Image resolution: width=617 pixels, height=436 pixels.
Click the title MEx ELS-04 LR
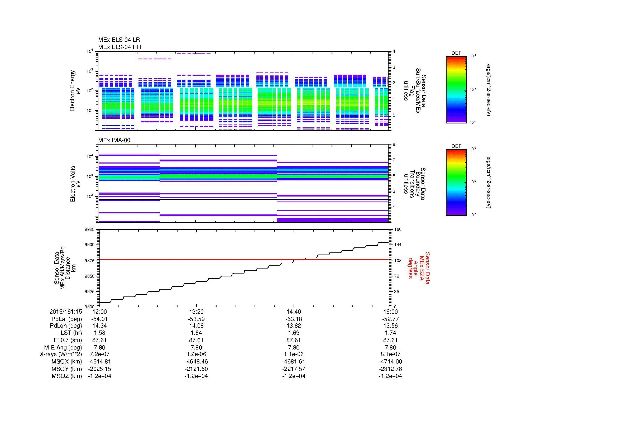(x=119, y=40)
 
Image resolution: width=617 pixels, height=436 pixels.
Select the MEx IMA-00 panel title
(x=114, y=140)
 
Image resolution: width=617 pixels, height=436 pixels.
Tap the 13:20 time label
(x=196, y=312)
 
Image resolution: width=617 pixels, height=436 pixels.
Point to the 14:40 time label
(x=293, y=312)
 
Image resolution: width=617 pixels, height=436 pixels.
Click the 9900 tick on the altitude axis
(x=90, y=245)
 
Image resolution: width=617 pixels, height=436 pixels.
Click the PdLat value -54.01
(x=99, y=319)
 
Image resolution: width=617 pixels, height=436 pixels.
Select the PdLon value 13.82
(x=293, y=326)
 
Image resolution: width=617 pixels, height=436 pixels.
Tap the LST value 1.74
(x=390, y=333)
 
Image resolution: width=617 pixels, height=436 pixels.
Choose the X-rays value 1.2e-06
(x=196, y=354)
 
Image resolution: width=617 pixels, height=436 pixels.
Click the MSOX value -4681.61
(x=293, y=362)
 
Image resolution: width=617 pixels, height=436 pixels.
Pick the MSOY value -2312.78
(x=390, y=369)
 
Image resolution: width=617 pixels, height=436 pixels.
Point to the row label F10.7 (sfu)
(x=68, y=340)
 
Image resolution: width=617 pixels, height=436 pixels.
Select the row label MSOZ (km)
(x=67, y=376)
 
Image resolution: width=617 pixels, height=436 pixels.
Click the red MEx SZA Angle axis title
(x=418, y=268)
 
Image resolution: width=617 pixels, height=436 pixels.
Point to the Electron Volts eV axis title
(x=75, y=184)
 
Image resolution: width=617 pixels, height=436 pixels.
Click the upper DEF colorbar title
(x=456, y=53)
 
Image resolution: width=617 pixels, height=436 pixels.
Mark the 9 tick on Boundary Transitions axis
(x=394, y=145)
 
